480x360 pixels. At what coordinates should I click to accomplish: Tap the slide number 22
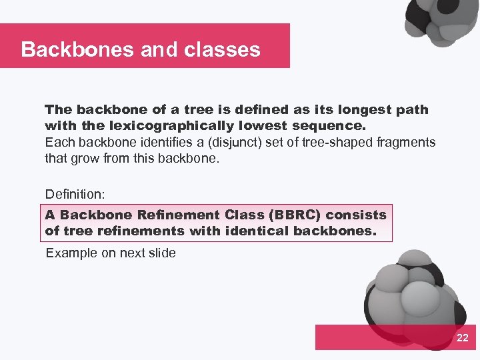pos(462,339)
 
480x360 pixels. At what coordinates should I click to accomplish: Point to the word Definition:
pos(75,194)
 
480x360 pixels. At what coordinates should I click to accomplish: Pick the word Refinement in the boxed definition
pos(177,215)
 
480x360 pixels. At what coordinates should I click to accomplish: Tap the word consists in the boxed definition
pos(356,215)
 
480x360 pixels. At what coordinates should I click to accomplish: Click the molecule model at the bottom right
pos(413,293)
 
